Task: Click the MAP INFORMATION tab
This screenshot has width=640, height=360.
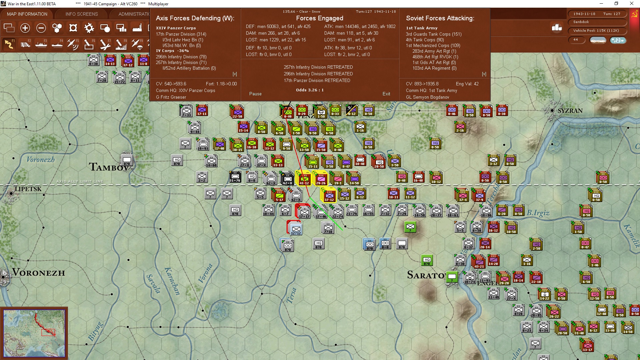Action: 27,14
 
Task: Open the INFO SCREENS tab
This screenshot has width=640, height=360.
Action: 82,14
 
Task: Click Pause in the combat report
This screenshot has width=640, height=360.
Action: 255,94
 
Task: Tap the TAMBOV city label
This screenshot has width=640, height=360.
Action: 109,167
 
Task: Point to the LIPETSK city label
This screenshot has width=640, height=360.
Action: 28,189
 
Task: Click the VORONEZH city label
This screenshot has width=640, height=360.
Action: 39,273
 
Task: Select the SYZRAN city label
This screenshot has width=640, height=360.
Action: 570,111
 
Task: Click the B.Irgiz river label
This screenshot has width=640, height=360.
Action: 538,213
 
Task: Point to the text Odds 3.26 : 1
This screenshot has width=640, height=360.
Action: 310,90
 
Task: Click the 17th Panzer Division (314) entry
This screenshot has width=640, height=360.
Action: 181,34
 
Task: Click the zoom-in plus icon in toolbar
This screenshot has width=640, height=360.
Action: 25,28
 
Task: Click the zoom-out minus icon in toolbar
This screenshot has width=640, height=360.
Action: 41,28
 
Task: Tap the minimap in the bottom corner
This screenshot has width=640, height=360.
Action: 34,332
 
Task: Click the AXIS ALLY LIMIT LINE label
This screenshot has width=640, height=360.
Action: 80,181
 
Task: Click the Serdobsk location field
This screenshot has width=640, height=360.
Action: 597,22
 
